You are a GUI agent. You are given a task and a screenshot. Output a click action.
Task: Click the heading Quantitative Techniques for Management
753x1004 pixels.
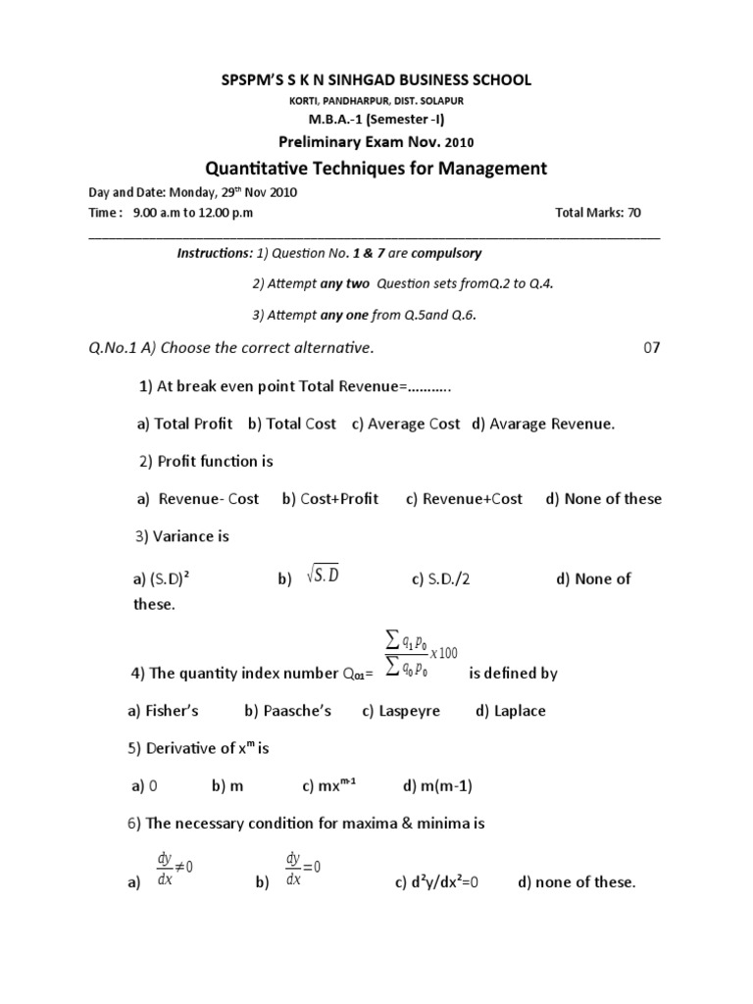tap(376, 169)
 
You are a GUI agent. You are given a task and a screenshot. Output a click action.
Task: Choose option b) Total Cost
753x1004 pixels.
tap(291, 424)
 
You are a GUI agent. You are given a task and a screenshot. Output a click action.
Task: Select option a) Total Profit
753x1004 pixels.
tap(184, 424)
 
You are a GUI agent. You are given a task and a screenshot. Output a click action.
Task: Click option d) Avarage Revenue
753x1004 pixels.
tap(543, 424)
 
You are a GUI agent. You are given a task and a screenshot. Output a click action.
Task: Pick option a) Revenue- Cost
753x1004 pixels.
tap(198, 499)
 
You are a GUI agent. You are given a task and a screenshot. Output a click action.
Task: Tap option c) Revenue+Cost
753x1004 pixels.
tap(464, 499)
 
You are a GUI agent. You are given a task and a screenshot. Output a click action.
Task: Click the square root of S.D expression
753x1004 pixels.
tap(323, 576)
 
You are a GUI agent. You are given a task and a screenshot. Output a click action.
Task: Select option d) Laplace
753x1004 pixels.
tap(510, 711)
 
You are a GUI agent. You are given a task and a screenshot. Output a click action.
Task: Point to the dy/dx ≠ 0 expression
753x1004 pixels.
tap(176, 868)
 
